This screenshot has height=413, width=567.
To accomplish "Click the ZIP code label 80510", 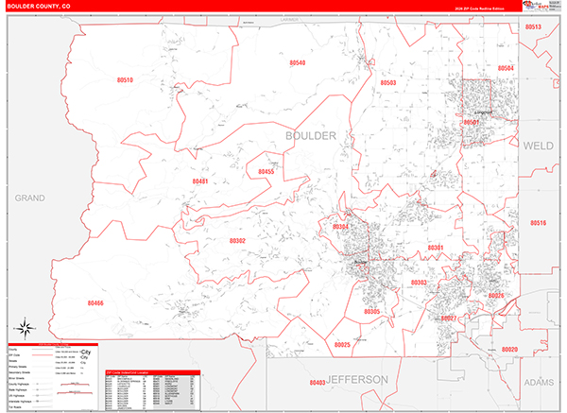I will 125,81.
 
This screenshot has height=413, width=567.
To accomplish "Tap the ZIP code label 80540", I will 297,63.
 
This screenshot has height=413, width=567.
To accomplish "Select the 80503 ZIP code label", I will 387,83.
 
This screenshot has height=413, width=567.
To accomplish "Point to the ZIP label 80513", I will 532,27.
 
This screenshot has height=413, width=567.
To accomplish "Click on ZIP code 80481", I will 199,181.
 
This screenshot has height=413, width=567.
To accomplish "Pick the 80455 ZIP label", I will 266,172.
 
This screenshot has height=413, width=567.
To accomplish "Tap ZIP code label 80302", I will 237,241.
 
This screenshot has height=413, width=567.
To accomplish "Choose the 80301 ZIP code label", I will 435,248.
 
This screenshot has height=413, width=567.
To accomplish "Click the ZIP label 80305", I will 371,312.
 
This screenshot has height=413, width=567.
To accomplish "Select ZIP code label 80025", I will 341,345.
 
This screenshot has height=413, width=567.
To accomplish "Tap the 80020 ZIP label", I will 510,350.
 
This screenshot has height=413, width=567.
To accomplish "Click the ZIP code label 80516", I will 537,223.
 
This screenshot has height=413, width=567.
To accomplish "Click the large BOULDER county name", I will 310,137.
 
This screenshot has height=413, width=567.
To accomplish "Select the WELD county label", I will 538,146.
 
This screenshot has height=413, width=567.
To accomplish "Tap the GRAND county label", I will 30,198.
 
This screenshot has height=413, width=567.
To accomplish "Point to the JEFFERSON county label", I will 358,379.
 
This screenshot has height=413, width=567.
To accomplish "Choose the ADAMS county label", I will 540,384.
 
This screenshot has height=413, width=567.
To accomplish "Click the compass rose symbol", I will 27,331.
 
